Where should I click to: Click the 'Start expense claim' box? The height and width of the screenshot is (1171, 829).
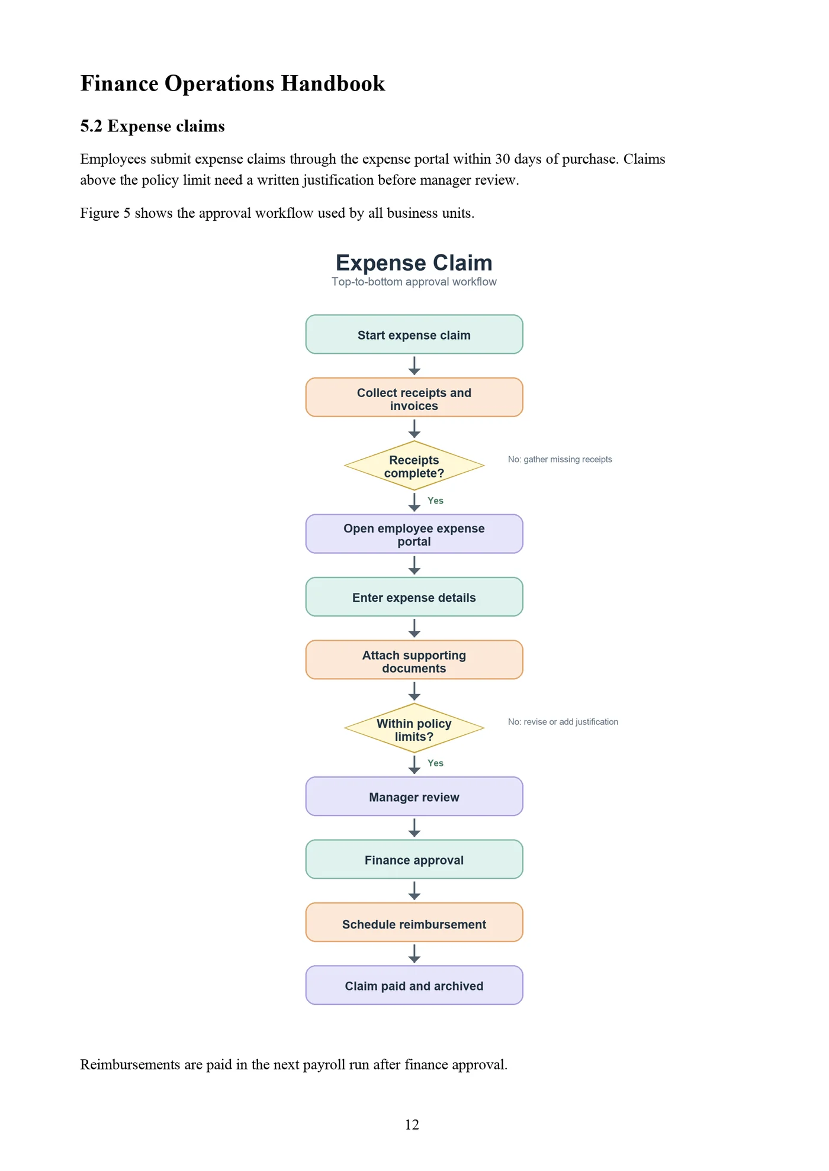coord(414,334)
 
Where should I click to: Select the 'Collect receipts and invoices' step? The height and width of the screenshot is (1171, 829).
coord(414,397)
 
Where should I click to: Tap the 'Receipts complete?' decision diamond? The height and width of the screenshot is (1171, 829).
coord(414,466)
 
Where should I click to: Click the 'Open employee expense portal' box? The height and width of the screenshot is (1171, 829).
coord(414,534)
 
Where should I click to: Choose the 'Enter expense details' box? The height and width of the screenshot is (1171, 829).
coord(414,596)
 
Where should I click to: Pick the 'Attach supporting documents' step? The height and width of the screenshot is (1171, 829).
coord(414,660)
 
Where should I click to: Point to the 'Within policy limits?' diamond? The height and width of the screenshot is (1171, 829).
coord(414,728)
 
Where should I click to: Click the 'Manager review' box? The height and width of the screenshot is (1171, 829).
coord(414,796)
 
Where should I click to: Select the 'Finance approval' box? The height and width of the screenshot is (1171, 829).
coord(414,859)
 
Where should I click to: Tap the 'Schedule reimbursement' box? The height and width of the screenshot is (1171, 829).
coord(414,922)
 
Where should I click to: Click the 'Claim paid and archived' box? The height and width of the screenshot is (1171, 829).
coord(414,985)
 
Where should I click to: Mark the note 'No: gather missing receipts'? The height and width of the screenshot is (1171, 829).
coord(560,459)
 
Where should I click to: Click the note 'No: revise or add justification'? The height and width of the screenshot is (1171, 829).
coord(563,722)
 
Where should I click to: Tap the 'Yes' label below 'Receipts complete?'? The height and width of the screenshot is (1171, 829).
coord(435,501)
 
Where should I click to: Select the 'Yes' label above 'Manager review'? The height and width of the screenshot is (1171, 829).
coord(435,763)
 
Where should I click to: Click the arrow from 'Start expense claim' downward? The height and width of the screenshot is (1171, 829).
coord(415,366)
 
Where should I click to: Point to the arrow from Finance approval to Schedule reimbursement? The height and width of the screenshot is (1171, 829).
coord(415,891)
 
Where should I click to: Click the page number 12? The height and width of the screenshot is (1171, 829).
coord(412,1125)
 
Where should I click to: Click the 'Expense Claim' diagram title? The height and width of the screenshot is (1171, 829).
coord(414,263)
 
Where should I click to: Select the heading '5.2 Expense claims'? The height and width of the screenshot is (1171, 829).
coord(153,126)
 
